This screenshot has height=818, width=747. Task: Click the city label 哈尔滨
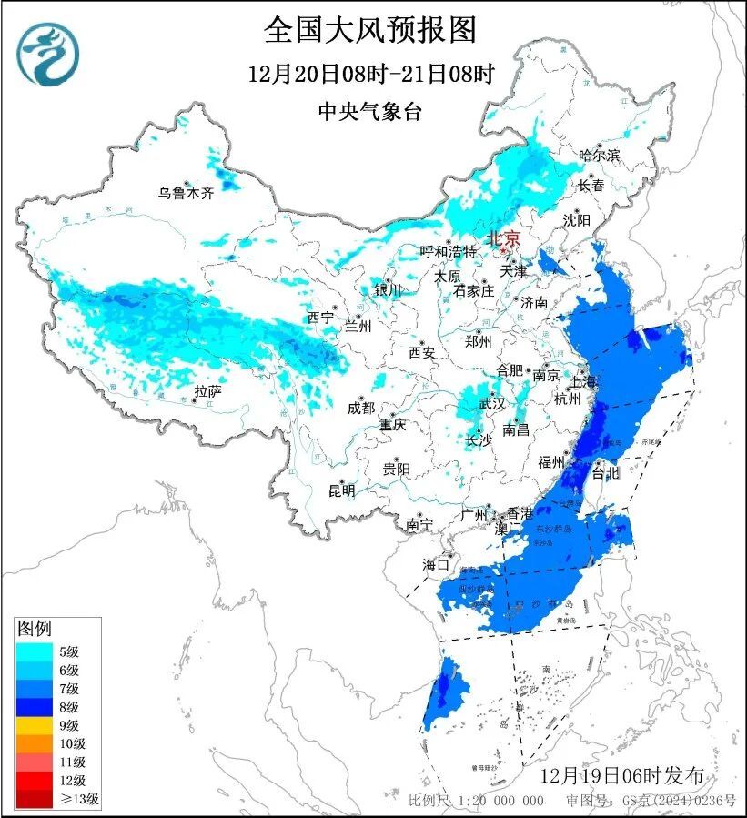pyautogui.click(x=599, y=156)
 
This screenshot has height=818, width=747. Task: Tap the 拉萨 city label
pyautogui.click(x=207, y=391)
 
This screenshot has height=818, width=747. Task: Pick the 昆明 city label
pyautogui.click(x=342, y=490)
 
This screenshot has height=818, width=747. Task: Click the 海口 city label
pyautogui.click(x=437, y=564)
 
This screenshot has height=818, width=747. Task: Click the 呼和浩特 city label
pyautogui.click(x=448, y=251)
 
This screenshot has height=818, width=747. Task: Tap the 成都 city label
pyautogui.click(x=360, y=408)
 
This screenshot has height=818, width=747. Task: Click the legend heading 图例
pyautogui.click(x=35, y=628)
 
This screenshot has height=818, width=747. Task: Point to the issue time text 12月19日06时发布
pyautogui.click(x=621, y=776)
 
